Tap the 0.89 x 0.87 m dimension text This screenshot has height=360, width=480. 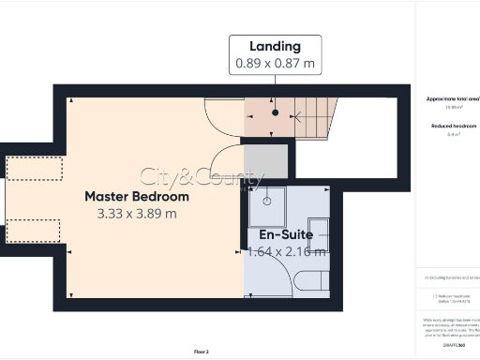pos(276,64)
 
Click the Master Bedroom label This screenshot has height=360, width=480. pos(137,197)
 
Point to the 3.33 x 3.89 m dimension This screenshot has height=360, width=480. pos(137,214)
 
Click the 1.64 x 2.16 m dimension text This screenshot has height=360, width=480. pos(286,251)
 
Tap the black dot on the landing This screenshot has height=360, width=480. pos(276,112)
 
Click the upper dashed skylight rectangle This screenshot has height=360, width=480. pos(35,168)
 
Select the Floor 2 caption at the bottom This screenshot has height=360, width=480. pos(201,352)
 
